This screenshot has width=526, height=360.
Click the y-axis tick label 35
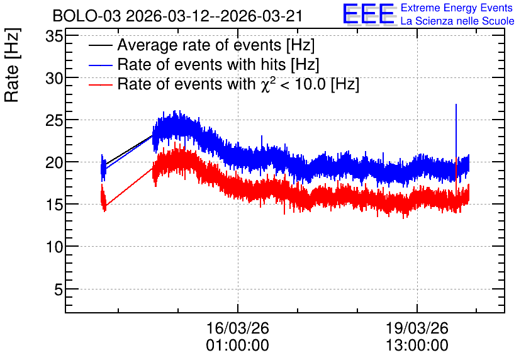point(54,36)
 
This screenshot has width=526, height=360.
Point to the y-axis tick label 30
point(54,78)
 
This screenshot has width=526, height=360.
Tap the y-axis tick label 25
point(54,120)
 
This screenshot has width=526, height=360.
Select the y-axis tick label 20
point(54,163)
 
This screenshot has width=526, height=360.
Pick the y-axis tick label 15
point(54,205)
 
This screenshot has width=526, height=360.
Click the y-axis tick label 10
point(54,247)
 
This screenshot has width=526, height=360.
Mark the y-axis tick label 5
point(59,290)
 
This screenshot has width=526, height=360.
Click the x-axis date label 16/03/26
point(237,328)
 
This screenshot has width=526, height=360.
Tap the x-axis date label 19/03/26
point(417,328)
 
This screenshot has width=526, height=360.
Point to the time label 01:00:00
point(237,346)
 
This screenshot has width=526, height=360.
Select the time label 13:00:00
point(417,346)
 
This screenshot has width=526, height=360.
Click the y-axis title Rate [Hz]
point(12,65)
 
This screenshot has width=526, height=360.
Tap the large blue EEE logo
point(368,14)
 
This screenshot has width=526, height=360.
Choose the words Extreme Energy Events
point(457,8)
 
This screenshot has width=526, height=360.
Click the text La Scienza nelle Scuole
point(457,21)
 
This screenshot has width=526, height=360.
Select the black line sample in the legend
point(100,45)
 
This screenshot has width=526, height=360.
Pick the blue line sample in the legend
point(100,65)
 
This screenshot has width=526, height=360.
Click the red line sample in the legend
point(100,84)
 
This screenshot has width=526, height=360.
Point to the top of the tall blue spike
point(456,104)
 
